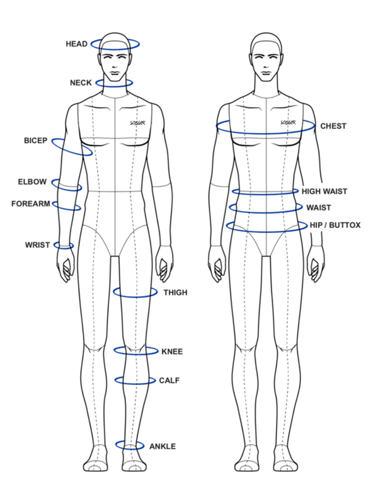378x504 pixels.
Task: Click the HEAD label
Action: point(75,44)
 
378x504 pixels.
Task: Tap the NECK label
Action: point(81,83)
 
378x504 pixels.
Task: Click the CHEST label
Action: point(333,126)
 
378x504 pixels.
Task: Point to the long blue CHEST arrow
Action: point(265,129)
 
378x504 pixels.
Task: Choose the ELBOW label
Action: point(32,182)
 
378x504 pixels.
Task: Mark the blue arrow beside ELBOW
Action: point(67,186)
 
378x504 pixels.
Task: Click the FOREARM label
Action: point(30,203)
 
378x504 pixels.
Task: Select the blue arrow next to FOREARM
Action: point(67,207)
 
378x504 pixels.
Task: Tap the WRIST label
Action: point(37,244)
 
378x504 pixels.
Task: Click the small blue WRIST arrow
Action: point(64,246)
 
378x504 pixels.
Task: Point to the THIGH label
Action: point(176,293)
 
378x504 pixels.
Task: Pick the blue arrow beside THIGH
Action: point(135,294)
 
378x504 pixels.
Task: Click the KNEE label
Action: point(173,352)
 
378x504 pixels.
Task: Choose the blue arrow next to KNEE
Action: point(135,352)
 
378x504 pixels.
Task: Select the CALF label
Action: point(170,381)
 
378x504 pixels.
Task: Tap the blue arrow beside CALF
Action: point(134,381)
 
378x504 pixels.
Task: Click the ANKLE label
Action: point(163,446)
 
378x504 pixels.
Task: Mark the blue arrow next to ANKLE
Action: point(129,447)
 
